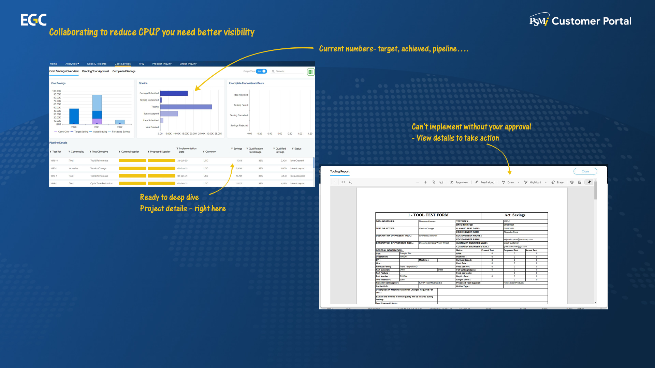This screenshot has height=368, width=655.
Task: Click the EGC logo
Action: coord(33,20)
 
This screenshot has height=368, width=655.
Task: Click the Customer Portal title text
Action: coord(591,21)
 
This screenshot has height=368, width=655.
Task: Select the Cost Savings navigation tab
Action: coord(122,64)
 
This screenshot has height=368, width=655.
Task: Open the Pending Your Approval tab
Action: coord(96,71)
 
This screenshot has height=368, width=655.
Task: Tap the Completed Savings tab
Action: coord(124,71)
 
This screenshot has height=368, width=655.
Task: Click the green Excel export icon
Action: coord(310,72)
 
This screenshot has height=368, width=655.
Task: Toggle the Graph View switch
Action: coord(262,71)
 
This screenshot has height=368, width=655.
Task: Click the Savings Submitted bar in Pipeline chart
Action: coord(174,93)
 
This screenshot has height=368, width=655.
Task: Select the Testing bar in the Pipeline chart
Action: coord(186,107)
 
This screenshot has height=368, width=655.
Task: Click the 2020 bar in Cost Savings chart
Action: coord(74,116)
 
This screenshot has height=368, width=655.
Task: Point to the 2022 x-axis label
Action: coord(120,127)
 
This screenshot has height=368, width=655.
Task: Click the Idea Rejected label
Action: coord(241,95)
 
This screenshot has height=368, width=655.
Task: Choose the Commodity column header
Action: coord(77,152)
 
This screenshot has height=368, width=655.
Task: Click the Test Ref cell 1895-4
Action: coord(54,160)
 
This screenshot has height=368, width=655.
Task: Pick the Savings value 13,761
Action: coord(239,176)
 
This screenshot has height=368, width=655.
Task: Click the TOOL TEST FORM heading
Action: coord(428,215)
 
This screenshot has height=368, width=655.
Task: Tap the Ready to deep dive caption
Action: coord(169,197)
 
